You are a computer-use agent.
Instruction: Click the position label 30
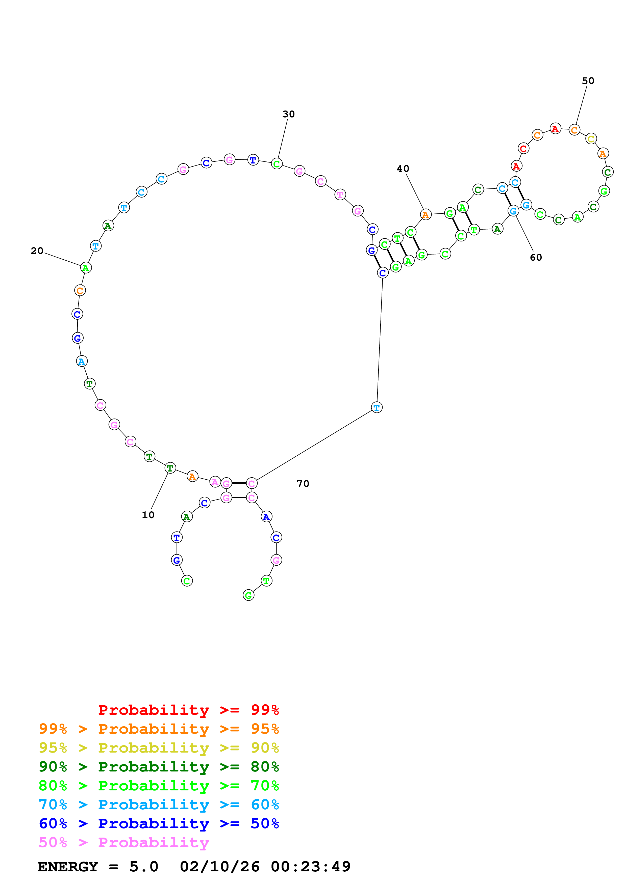coord(289,114)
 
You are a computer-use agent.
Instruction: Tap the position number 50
coord(588,81)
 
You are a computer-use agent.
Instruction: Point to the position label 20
coord(37,251)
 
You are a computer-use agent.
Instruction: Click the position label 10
coord(148,515)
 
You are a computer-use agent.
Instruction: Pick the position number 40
coord(403,169)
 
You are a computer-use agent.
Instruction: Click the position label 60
coord(536,258)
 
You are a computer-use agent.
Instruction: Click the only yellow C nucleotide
coord(591,139)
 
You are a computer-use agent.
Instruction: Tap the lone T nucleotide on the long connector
coord(377,407)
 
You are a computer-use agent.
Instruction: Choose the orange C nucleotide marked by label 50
coord(574,130)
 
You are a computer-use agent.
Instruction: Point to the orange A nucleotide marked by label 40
coord(425,215)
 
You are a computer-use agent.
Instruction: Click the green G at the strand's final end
coord(248,596)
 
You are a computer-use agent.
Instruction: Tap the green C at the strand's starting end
coord(187,581)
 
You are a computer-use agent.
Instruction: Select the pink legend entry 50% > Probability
coord(124,843)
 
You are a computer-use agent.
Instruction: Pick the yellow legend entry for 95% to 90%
coord(159,748)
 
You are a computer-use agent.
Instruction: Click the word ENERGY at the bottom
coord(68,867)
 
